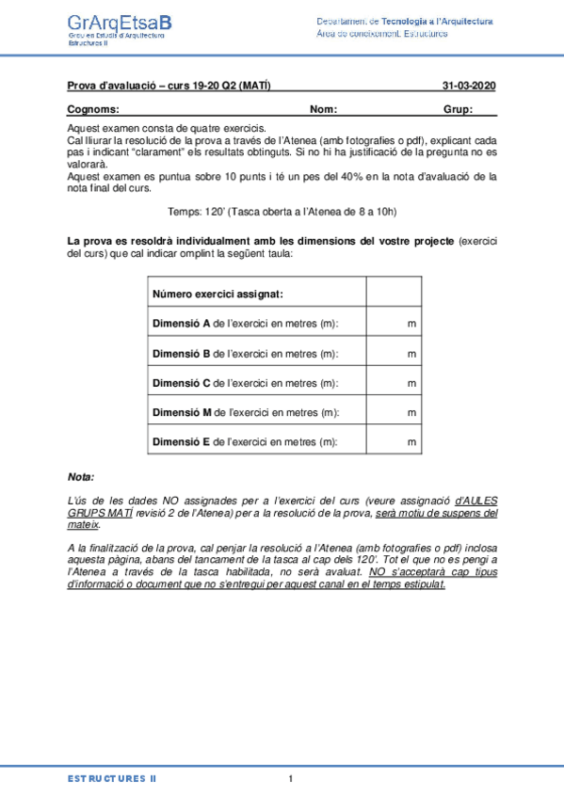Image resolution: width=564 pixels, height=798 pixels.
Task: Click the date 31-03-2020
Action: tap(469, 87)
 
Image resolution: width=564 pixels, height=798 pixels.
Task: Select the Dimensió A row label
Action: tap(245, 324)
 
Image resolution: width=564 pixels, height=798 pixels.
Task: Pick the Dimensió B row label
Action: tap(245, 354)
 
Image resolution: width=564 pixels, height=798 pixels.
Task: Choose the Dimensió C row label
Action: tap(245, 383)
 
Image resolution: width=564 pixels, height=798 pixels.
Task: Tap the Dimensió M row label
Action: tap(245, 412)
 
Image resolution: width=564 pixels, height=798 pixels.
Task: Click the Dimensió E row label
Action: tap(245, 441)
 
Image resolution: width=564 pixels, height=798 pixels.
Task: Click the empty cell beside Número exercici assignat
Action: tap(394, 295)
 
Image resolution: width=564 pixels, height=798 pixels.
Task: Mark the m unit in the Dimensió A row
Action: tap(411, 324)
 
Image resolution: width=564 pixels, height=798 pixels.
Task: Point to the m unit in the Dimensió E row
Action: tap(411, 441)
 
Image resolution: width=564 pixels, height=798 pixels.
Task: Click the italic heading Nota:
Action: tap(81, 477)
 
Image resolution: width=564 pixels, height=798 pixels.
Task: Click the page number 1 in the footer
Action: tap(291, 778)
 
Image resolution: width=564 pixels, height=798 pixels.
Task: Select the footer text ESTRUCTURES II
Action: tap(111, 778)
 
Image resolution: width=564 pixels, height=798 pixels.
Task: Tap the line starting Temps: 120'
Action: tap(282, 213)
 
